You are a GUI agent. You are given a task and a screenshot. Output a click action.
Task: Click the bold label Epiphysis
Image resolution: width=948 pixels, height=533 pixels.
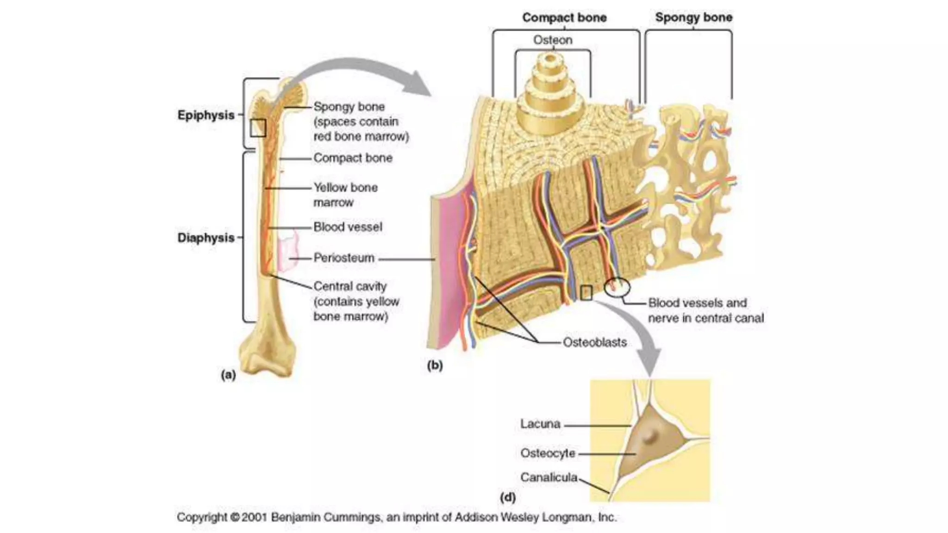pyautogui.click(x=206, y=115)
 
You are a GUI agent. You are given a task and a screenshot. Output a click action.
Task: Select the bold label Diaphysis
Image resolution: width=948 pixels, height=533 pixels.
pyautogui.click(x=206, y=238)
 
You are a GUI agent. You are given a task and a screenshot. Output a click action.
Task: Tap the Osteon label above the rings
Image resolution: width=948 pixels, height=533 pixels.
pyautogui.click(x=553, y=40)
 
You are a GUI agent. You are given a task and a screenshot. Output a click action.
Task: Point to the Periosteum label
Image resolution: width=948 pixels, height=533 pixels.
pyautogui.click(x=343, y=258)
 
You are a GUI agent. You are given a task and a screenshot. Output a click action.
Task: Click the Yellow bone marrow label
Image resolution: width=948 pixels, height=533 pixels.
pyautogui.click(x=345, y=195)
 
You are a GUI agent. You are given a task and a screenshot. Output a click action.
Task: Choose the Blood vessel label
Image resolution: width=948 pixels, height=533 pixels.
pyautogui.click(x=348, y=227)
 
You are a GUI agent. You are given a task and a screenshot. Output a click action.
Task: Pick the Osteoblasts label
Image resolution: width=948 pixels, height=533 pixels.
pyautogui.click(x=594, y=342)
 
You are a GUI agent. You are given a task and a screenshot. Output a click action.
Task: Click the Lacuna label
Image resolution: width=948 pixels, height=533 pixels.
pyautogui.click(x=540, y=424)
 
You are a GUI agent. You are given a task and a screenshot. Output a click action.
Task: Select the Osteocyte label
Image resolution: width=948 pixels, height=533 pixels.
pyautogui.click(x=548, y=453)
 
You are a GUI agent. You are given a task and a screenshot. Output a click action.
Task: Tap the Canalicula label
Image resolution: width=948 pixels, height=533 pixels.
pyautogui.click(x=549, y=477)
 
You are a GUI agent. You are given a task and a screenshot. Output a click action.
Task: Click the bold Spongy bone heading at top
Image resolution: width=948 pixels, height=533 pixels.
pyautogui.click(x=693, y=18)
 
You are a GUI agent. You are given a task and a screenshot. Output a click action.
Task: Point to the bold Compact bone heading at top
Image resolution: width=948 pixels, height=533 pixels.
pyautogui.click(x=564, y=18)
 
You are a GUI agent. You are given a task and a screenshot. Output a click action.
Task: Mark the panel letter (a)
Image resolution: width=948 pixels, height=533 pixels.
pyautogui.click(x=228, y=375)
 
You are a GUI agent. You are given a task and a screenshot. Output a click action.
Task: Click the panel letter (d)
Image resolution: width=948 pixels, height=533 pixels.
pyautogui.click(x=508, y=498)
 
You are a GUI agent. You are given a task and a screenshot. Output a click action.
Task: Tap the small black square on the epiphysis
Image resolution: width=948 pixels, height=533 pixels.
pyautogui.click(x=258, y=128)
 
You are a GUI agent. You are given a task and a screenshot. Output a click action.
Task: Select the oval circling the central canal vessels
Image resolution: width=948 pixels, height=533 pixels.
pyautogui.click(x=617, y=287)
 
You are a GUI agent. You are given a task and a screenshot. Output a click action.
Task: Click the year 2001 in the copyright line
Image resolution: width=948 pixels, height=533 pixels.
pyautogui.click(x=254, y=517)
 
